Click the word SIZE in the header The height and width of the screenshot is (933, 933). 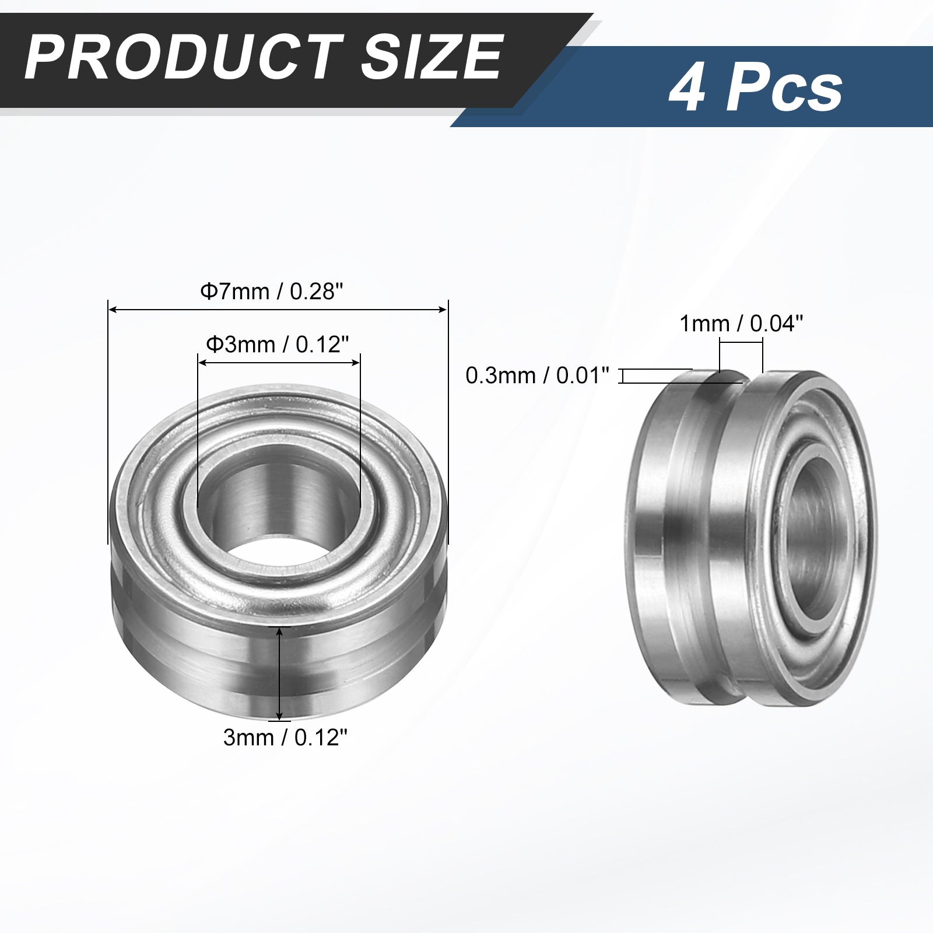(x=431, y=56)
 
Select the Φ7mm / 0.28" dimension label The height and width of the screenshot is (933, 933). (x=278, y=290)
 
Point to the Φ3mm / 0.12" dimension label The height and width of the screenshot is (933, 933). (x=278, y=344)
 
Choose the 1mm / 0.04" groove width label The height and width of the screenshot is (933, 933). (x=742, y=323)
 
